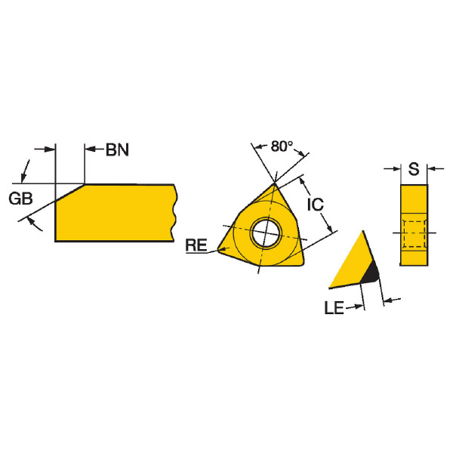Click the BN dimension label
coord(117,149)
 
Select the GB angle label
coord(20,199)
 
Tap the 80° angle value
coord(282,146)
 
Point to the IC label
coord(315,205)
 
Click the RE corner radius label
coord(196,245)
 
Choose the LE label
coord(334,307)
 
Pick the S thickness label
coord(414,169)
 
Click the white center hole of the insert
coord(266,233)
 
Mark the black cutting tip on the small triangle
coord(370,273)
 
